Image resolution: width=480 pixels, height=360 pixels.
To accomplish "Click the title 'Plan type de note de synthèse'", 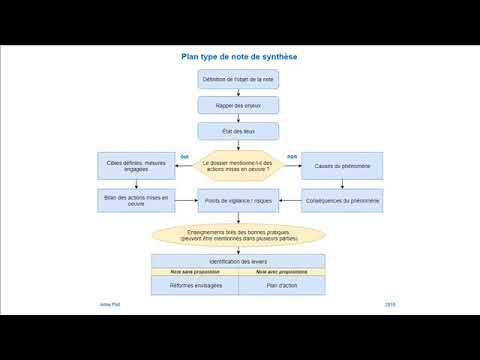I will [x=238, y=57].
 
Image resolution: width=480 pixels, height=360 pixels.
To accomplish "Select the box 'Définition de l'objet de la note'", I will [x=238, y=79].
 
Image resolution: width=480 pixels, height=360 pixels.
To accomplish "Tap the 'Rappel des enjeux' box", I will [x=238, y=105].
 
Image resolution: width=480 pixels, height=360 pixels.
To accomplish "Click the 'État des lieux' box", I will [x=238, y=131].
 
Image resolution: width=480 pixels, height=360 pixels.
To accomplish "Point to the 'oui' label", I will [x=184, y=157].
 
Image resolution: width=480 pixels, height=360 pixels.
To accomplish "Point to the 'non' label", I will [x=292, y=157].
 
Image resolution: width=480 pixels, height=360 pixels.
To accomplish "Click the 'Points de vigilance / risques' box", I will [x=238, y=201].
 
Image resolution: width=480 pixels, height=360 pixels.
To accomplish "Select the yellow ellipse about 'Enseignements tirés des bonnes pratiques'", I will [x=238, y=235].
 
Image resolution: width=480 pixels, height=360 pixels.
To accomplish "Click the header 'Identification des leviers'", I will [x=238, y=261].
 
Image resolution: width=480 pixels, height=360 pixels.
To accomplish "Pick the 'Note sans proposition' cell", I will [x=195, y=271].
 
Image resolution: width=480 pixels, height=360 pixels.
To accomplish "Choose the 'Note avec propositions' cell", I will [x=281, y=271].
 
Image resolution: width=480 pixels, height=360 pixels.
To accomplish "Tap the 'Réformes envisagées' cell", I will [x=195, y=285].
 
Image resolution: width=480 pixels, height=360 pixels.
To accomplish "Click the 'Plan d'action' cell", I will [x=281, y=285].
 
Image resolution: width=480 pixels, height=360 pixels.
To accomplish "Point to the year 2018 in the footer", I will [x=390, y=303].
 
